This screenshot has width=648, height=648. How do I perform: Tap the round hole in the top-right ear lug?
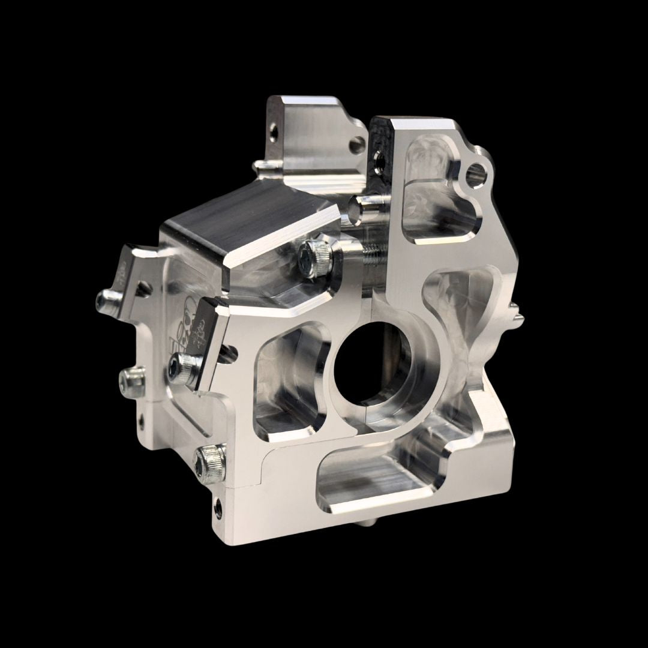tap(478, 170)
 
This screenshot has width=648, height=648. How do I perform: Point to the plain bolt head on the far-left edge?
tap(131, 379)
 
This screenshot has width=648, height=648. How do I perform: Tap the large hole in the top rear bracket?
tap(358, 143)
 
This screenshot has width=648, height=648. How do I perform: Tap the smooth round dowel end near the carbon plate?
tap(361, 206)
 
